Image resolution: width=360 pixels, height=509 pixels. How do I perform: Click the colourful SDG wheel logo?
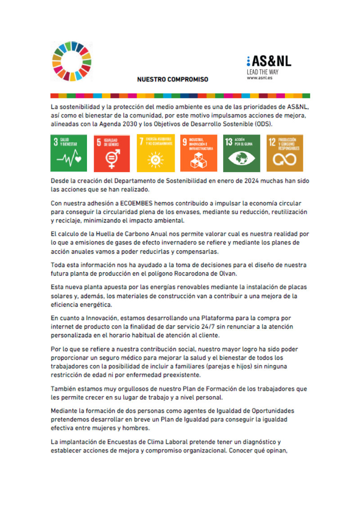[x=72, y=62]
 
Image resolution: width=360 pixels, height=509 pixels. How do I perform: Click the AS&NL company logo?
[x=269, y=62]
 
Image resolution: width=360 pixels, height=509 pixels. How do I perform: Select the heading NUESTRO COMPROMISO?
[x=173, y=79]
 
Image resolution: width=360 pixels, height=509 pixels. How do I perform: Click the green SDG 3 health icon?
[x=68, y=153]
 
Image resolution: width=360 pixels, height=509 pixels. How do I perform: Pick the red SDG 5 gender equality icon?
[x=112, y=153]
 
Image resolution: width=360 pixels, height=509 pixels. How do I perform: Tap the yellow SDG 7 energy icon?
[x=155, y=153]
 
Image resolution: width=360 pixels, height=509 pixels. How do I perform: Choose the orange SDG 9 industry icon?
[x=198, y=153]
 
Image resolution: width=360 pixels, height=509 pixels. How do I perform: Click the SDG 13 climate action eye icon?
[x=242, y=153]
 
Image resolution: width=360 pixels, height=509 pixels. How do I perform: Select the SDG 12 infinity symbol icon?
[x=284, y=153]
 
